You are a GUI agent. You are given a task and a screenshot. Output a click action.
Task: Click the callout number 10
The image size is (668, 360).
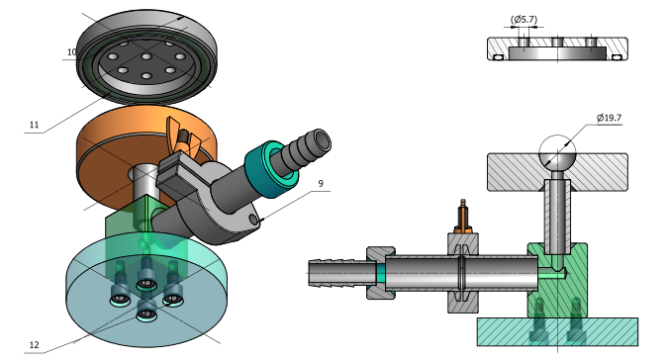71,51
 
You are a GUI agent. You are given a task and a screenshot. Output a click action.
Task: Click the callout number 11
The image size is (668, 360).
34,125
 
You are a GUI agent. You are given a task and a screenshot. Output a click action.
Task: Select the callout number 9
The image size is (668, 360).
321,183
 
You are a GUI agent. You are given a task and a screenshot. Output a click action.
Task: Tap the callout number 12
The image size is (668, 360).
34,345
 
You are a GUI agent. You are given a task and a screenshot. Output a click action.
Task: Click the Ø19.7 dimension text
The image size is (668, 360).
609,118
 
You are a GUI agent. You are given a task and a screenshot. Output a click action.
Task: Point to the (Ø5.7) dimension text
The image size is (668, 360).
524,20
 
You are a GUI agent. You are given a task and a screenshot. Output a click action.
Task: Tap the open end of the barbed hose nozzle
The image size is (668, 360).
322,139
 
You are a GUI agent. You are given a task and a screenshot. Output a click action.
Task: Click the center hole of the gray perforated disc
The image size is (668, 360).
146,56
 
